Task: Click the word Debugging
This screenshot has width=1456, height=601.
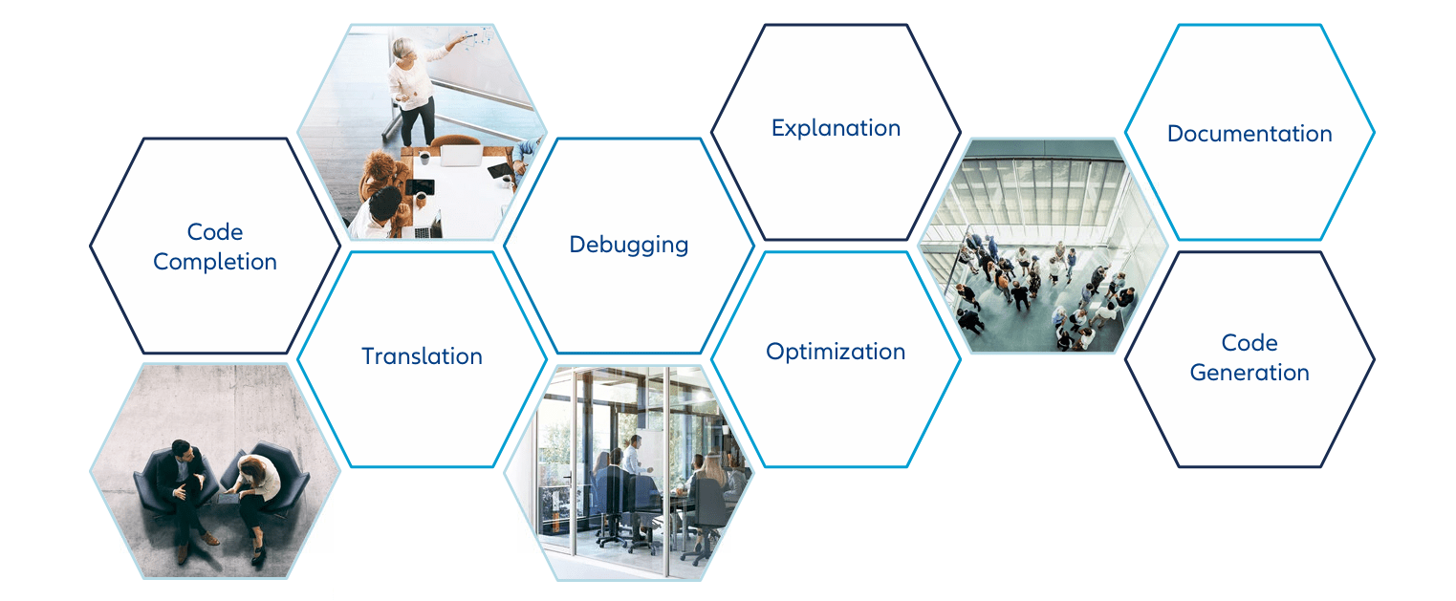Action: click(628, 245)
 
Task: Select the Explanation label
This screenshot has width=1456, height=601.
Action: click(836, 128)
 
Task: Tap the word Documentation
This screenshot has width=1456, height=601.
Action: click(1250, 133)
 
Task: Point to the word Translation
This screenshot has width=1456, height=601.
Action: click(422, 356)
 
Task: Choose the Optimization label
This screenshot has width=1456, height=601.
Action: click(836, 352)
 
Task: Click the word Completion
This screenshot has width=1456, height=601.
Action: click(214, 262)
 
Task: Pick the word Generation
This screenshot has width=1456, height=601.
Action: click(1250, 373)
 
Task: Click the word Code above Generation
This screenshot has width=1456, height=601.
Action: click(1250, 342)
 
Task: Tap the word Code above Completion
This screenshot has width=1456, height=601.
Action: click(214, 232)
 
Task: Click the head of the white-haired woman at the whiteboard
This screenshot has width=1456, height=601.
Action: click(403, 49)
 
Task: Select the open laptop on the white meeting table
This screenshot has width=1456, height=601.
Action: click(461, 156)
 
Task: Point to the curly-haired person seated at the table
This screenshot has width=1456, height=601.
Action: click(381, 172)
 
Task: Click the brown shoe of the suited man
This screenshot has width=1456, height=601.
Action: click(210, 539)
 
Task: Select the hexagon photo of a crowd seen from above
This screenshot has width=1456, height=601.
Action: click(1043, 246)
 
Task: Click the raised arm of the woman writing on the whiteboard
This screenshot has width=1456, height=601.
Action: click(445, 50)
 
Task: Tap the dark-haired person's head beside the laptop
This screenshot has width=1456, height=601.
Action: click(385, 202)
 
